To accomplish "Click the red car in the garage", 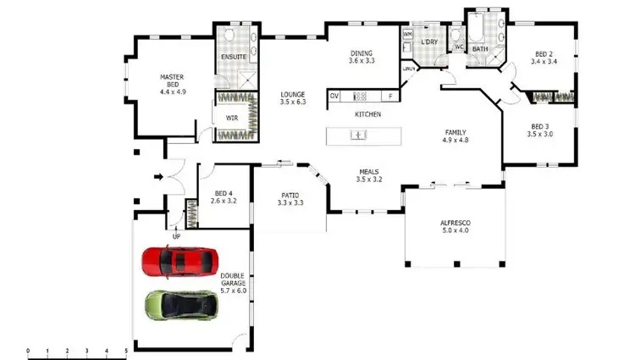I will (x=179, y=262).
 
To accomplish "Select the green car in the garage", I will (x=180, y=303).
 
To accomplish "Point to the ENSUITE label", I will (x=233, y=58).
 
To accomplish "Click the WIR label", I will (x=231, y=117).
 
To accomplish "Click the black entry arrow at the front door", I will (x=158, y=177).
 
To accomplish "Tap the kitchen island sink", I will (x=359, y=134).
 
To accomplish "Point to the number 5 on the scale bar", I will (x=126, y=351).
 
